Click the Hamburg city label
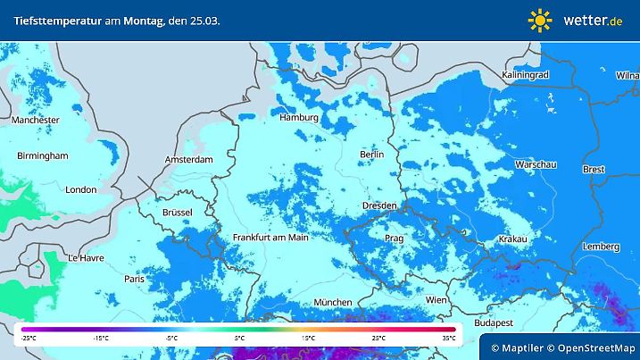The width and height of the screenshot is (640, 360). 299,117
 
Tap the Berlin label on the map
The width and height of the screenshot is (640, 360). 370,155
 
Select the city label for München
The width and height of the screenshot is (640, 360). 331,302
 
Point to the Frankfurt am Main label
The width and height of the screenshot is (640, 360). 270,238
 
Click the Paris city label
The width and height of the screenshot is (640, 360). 135,279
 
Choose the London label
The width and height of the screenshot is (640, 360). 80,189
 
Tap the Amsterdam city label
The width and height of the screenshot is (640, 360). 188,160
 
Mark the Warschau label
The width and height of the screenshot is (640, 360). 536,165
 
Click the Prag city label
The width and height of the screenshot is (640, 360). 394,239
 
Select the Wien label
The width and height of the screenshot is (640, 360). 436,300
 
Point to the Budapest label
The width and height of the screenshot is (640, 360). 493,322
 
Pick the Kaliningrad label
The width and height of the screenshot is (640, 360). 524,75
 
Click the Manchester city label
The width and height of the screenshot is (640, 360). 35,120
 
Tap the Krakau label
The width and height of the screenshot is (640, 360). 512,239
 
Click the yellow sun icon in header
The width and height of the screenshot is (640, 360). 540,20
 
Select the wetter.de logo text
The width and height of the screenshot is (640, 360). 593,20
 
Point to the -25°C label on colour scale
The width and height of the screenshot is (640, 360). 29,339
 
